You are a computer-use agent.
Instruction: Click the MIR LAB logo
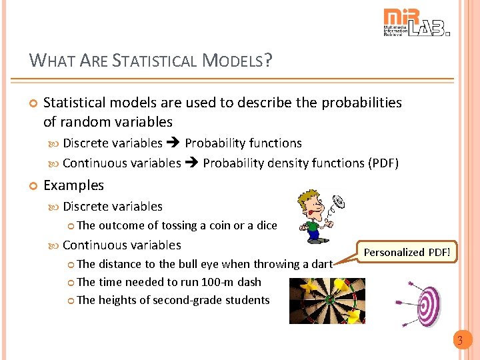tap(416, 22)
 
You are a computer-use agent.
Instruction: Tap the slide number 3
tap(459, 341)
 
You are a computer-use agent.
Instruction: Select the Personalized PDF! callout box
tap(407, 252)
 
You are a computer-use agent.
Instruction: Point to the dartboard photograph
tap(327, 300)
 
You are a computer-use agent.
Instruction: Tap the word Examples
tap(73, 185)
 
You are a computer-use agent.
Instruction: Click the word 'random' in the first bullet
tap(83, 122)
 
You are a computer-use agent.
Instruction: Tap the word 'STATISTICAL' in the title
tap(155, 61)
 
